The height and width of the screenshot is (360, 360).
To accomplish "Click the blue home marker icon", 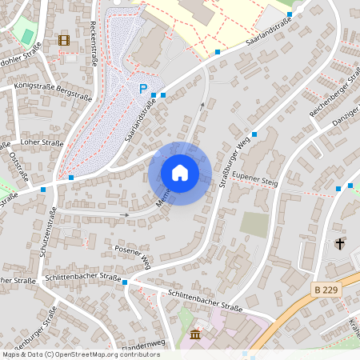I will tap(180, 173).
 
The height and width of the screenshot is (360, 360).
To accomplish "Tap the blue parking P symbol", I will tap(143, 89).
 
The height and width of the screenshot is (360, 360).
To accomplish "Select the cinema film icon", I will tap(63, 40).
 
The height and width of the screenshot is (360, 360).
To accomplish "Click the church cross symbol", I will tap(340, 243).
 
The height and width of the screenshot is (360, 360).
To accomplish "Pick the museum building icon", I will tap(196, 334).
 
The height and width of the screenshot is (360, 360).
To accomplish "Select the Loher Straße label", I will tap(42, 142).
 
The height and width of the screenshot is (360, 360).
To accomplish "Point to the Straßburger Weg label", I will tap(238, 148).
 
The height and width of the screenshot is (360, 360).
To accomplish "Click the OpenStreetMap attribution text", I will tap(80, 354).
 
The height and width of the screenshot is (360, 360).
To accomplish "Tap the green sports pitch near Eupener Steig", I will tap(255, 224).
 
